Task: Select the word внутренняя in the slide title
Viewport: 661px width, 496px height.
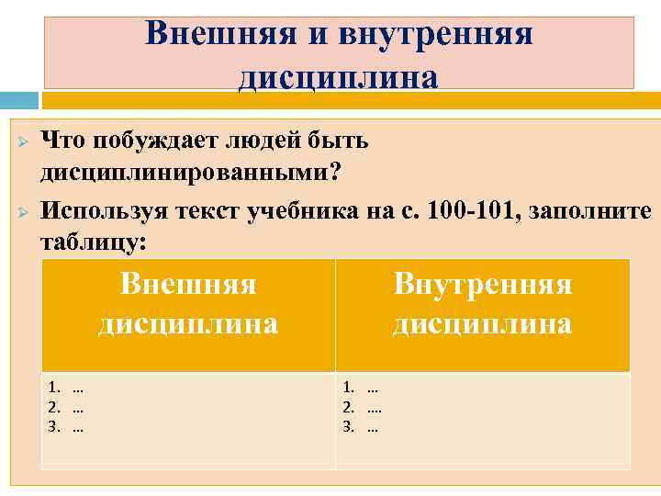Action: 435,33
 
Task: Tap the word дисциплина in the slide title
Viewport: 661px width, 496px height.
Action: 338,75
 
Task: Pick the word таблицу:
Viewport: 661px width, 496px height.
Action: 94,242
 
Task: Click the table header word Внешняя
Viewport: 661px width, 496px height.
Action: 188,285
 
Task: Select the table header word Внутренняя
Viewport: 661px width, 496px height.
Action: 482,285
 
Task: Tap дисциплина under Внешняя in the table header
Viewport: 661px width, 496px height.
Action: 188,323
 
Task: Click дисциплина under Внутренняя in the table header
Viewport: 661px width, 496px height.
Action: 482,323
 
